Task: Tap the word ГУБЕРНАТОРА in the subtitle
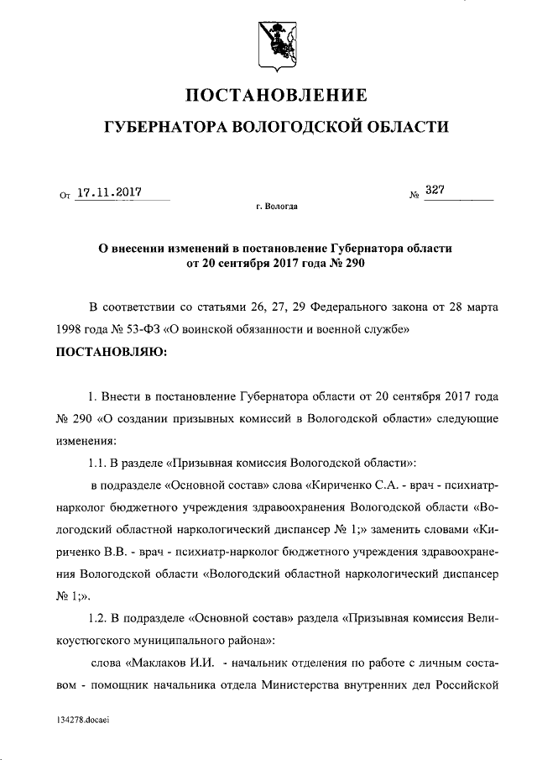point(162,128)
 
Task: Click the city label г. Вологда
point(276,206)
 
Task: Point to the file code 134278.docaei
point(84,721)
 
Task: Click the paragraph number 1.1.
point(98,463)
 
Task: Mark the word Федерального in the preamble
point(357,307)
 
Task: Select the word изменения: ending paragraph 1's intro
point(86,441)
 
